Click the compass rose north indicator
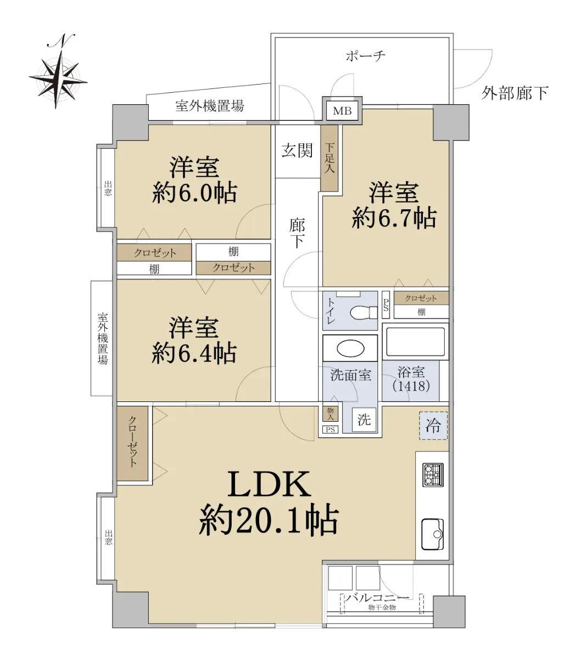[58, 71]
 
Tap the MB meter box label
[342, 111]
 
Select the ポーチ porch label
[366, 56]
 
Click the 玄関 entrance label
[297, 150]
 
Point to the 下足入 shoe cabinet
[329, 158]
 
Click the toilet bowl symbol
[364, 312]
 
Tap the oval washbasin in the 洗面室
[350, 348]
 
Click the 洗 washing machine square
[364, 420]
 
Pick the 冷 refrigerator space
[433, 426]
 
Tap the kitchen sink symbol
[433, 534]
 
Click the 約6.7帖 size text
[394, 219]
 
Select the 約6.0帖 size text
[194, 193]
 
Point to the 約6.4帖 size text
[194, 353]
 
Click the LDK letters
[269, 484]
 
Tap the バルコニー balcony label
[377, 597]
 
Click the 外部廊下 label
[515, 93]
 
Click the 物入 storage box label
[330, 413]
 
